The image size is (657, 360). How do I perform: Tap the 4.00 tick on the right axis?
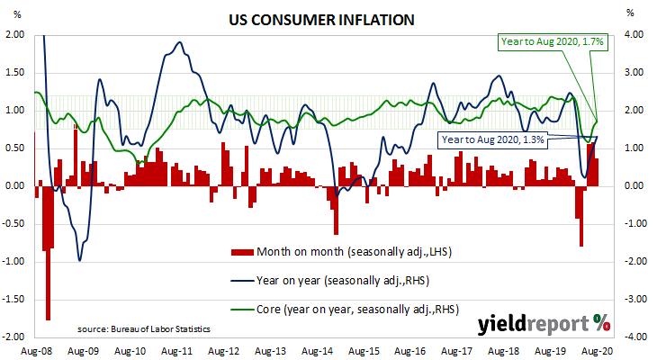634,35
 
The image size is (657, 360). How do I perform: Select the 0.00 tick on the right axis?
634,186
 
